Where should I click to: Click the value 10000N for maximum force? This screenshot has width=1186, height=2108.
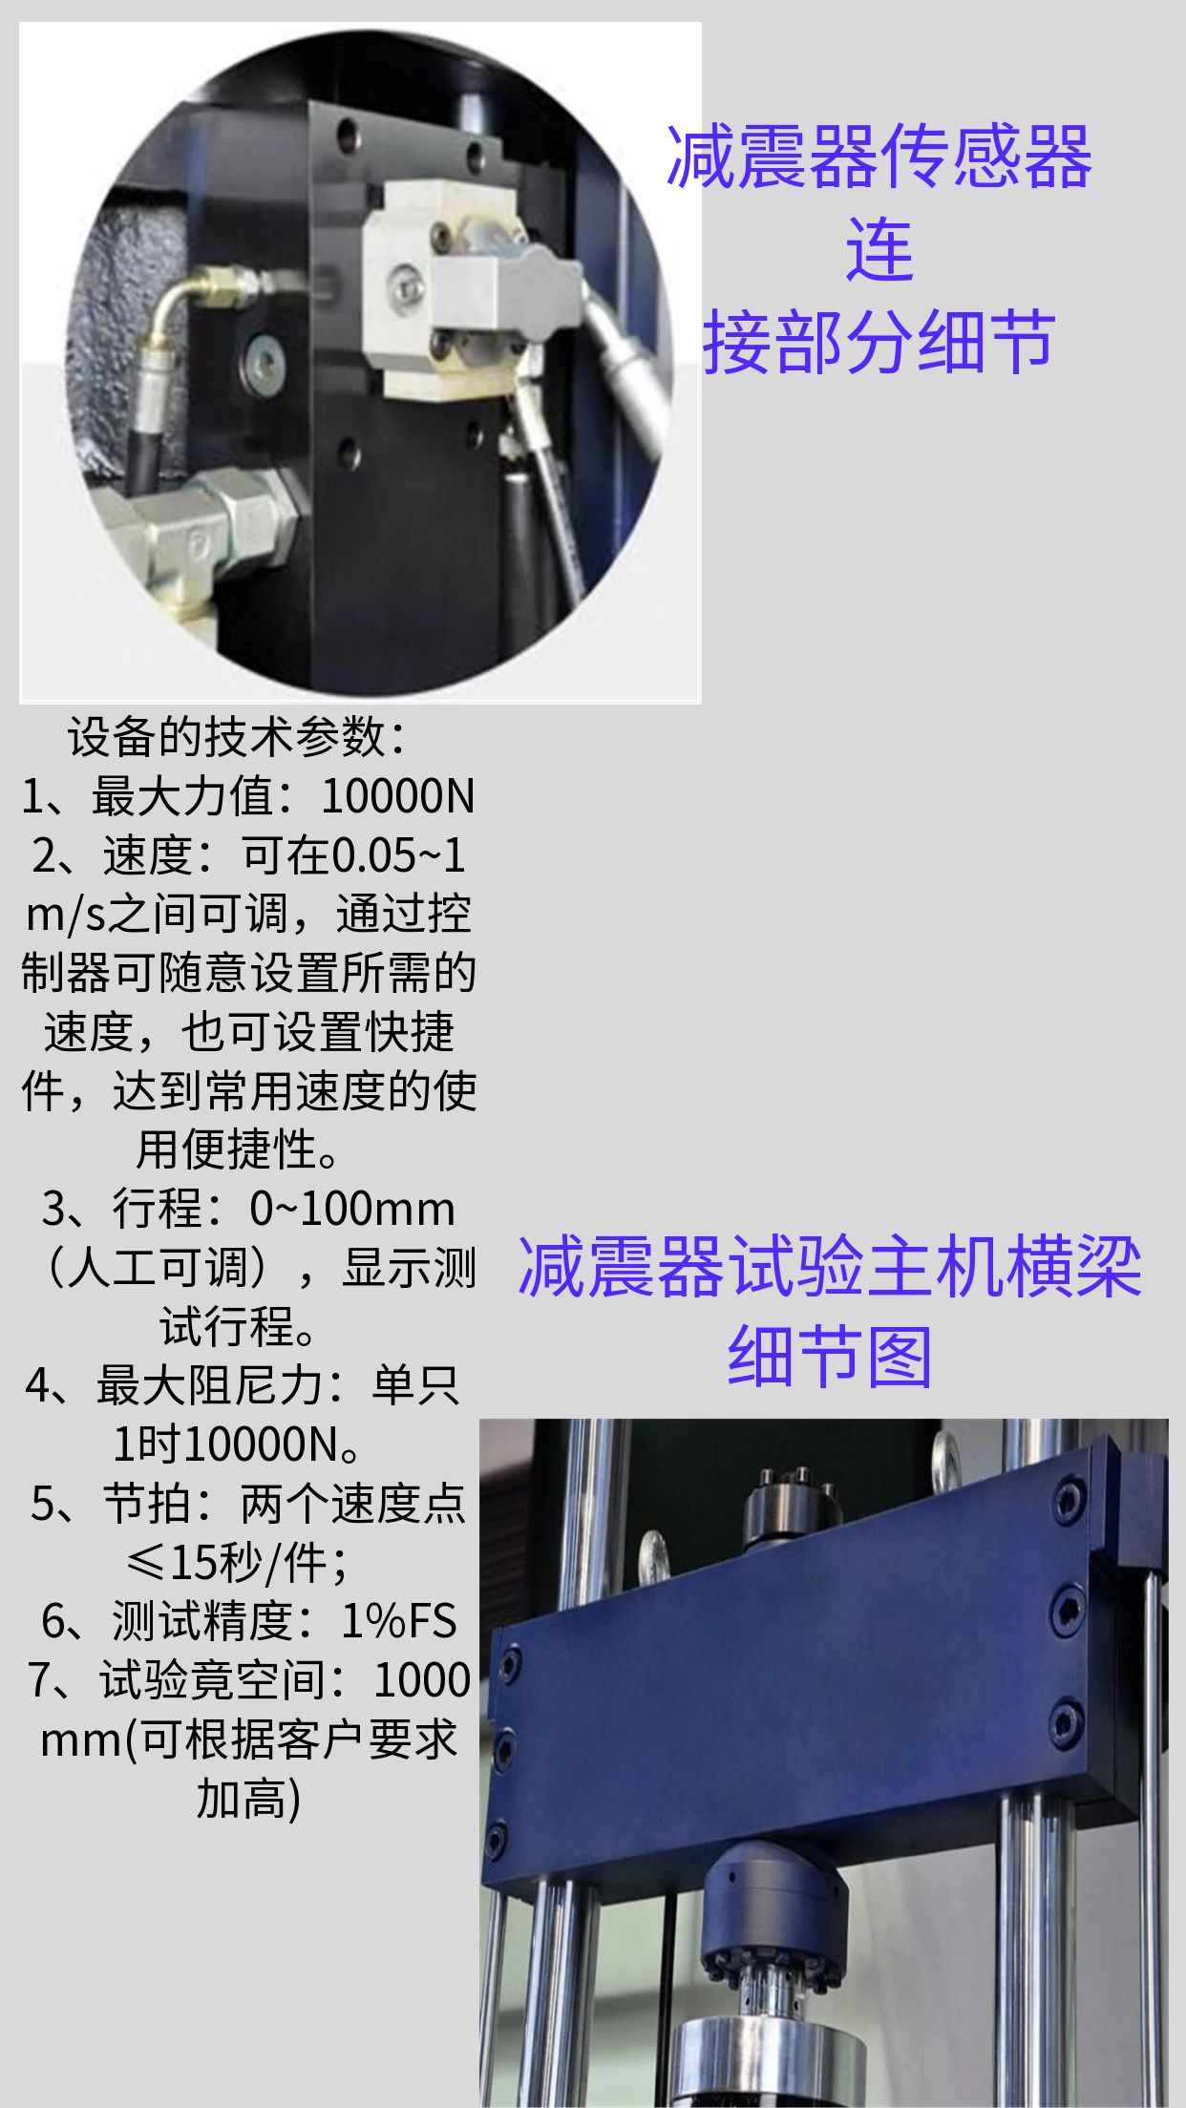397,796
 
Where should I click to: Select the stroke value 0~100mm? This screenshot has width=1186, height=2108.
353,1209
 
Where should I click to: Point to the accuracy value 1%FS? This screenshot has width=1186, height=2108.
399,1621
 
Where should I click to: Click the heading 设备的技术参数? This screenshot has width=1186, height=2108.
227,737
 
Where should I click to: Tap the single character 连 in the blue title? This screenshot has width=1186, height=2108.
879,249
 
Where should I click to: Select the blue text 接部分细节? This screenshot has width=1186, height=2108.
879,342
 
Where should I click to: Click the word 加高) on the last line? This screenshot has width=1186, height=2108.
249,1799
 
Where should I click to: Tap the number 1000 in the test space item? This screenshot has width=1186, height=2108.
422,1680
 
